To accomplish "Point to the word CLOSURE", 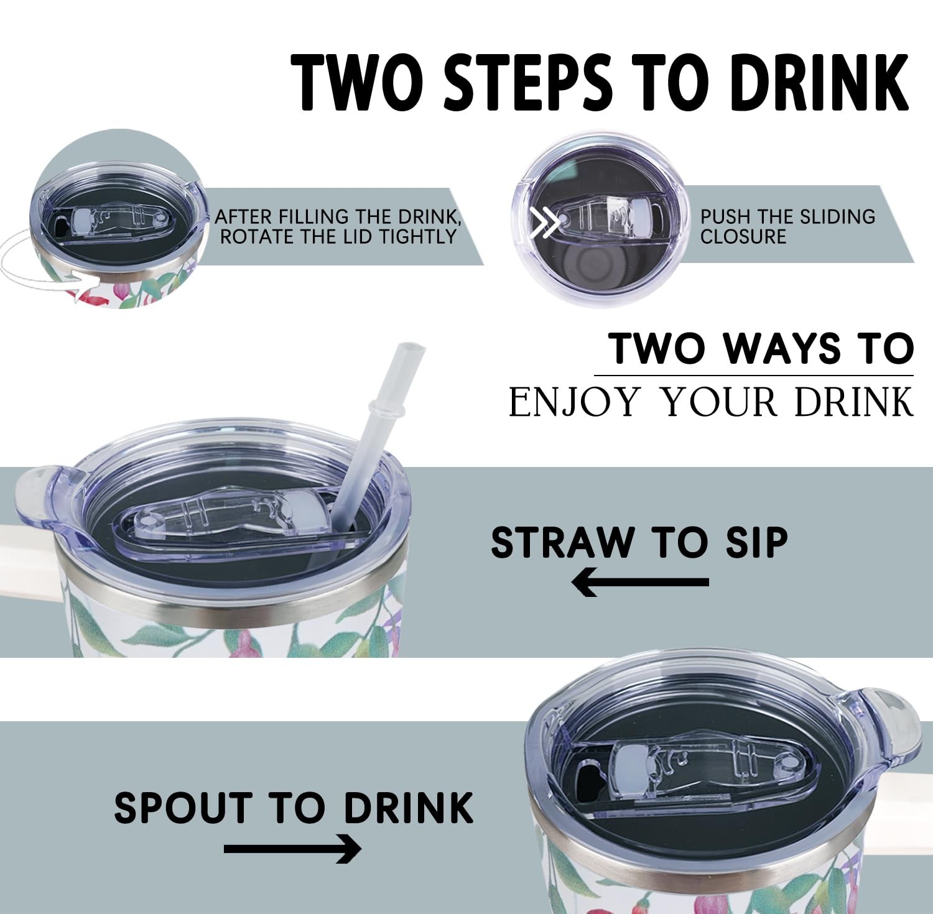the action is pos(743,237).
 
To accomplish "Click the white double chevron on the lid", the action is pos(544,223).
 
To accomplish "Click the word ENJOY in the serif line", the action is pos(575,402).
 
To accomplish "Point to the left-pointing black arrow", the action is pos(640,583).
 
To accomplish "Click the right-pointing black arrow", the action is pos(292,849).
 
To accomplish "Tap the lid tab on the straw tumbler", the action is pos(39,497).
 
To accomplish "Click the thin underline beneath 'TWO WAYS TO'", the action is pos(754,376).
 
